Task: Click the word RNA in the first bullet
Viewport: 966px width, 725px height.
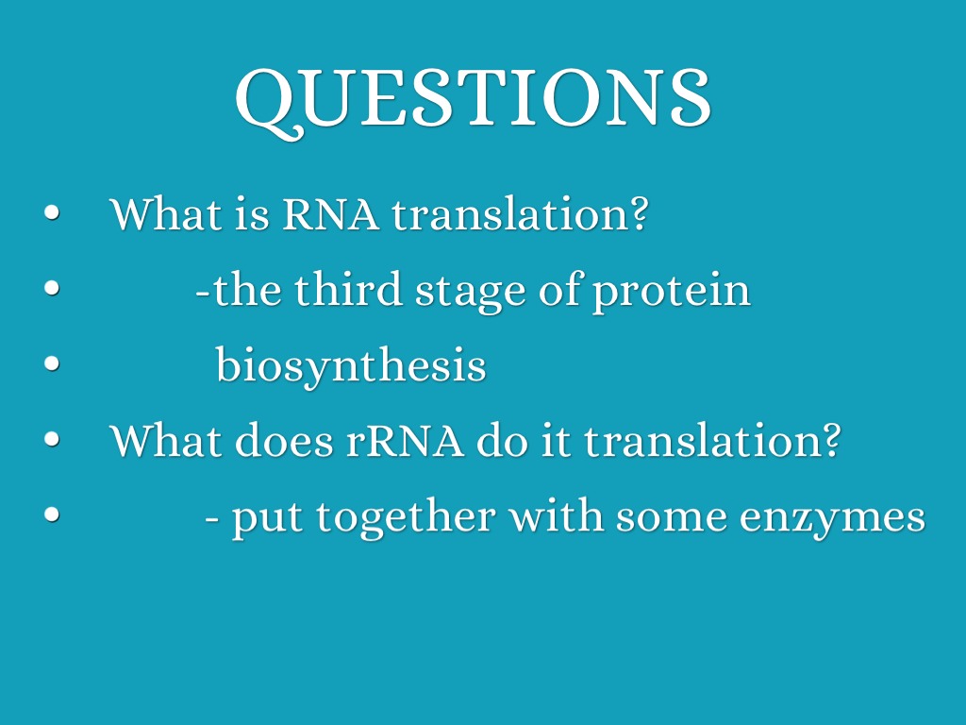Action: tap(330, 215)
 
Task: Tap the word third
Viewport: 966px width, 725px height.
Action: tap(349, 289)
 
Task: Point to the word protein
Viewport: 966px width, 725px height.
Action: tap(672, 293)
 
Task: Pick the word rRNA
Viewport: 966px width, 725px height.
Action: tap(404, 442)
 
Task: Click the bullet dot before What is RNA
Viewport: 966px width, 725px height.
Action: tap(53, 213)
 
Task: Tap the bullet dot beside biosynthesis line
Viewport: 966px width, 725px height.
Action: tap(53, 363)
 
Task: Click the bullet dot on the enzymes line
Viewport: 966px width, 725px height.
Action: tap(53, 514)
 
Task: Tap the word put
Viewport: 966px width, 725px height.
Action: tap(268, 519)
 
